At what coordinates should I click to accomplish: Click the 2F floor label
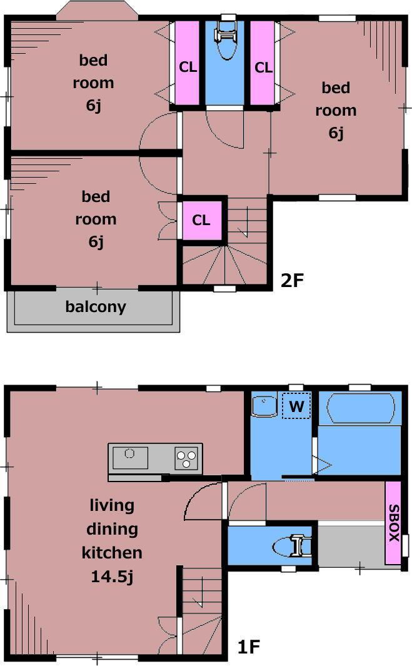tap(292, 280)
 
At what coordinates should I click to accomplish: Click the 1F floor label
tap(248, 647)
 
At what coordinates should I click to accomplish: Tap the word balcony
tap(96, 306)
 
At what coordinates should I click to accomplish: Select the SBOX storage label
tap(394, 523)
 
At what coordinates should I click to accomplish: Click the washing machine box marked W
tap(296, 406)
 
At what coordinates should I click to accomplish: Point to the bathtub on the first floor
tap(360, 408)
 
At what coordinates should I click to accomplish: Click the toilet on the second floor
tap(226, 41)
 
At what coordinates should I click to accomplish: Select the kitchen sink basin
tap(130, 458)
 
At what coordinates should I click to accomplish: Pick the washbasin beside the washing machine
tap(264, 406)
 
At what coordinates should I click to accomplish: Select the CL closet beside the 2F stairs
tap(202, 221)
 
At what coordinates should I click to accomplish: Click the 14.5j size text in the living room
tap(112, 577)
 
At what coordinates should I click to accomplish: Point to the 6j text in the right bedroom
tap(336, 133)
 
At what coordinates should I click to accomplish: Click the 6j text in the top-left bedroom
tap(93, 105)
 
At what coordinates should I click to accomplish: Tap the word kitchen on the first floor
tap(112, 553)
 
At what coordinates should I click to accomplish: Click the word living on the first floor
tap(112, 505)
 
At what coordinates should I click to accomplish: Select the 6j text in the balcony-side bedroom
tap(96, 241)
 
